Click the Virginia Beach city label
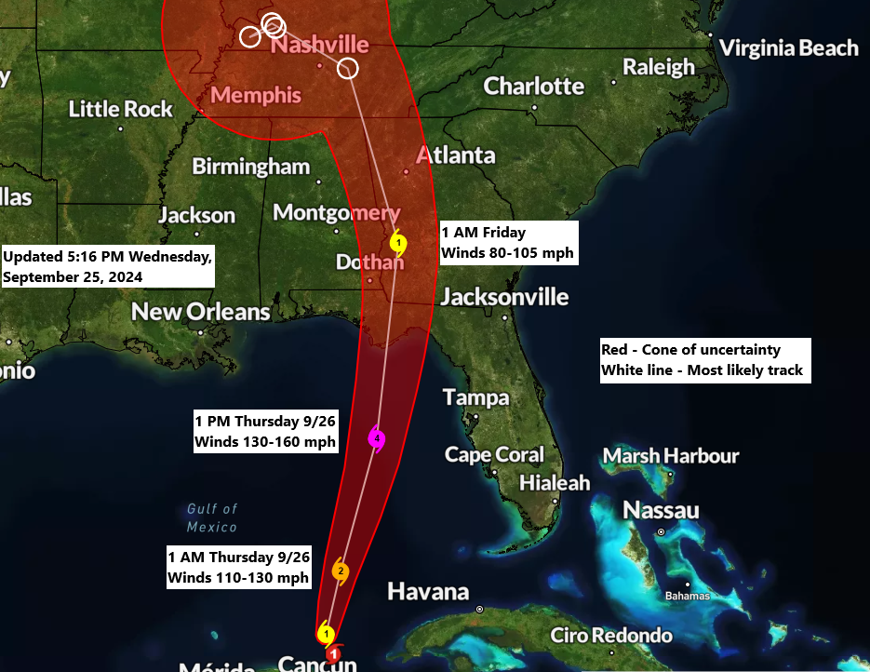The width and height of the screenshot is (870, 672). tap(789, 47)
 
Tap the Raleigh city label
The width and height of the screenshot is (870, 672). tap(659, 67)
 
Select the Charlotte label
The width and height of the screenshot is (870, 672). tap(534, 87)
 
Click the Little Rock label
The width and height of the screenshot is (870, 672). tap(121, 109)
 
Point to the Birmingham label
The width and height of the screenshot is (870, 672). tap(250, 167)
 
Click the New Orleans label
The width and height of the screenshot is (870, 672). tap(201, 312)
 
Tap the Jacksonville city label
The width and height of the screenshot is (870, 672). tap(504, 297)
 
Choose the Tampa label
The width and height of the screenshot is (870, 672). tap(476, 397)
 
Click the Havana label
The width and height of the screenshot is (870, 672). tap(428, 591)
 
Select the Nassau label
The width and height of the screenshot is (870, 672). tap(661, 510)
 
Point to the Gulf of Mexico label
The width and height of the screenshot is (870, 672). tap(212, 517)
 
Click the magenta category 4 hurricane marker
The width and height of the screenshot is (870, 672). tap(376, 437)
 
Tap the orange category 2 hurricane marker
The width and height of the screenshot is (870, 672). tap(341, 571)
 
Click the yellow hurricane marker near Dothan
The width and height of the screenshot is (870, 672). tap(398, 245)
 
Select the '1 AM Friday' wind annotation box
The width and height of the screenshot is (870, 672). tap(508, 243)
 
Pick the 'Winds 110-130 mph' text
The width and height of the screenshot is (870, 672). tap(237, 578)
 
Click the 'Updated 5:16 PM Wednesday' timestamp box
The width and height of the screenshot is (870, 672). tap(108, 266)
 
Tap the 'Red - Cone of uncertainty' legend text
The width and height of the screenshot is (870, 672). tap(690, 350)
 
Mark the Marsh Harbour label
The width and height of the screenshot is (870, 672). tap(671, 456)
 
